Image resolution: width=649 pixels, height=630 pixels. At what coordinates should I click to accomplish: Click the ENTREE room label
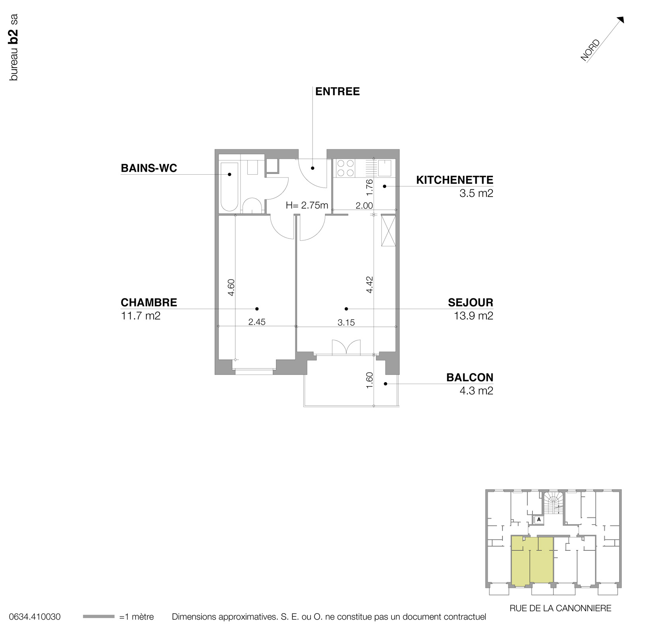(x=337, y=92)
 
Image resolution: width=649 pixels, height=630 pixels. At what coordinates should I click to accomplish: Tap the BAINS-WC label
(x=149, y=168)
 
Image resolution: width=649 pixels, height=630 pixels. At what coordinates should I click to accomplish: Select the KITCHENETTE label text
(x=454, y=180)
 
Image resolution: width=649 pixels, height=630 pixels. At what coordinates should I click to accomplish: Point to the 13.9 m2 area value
(x=473, y=316)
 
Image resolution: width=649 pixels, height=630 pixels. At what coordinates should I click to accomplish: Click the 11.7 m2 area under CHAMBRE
(x=141, y=316)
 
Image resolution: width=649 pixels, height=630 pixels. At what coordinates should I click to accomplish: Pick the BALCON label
(x=469, y=377)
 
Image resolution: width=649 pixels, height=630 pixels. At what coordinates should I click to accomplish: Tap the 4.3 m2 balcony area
(x=476, y=391)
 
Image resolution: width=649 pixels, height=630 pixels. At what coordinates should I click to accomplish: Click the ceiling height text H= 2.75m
(x=307, y=205)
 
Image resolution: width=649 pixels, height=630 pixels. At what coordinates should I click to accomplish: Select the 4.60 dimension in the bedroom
(x=231, y=287)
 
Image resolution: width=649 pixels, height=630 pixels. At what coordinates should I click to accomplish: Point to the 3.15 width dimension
(x=346, y=322)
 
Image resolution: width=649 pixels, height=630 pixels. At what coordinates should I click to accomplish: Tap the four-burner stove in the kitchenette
(x=346, y=168)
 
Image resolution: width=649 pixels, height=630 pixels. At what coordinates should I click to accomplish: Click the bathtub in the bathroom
(x=229, y=186)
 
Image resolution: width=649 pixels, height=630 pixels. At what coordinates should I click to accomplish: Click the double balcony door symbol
(x=346, y=347)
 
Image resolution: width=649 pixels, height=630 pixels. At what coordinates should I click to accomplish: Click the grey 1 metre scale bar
(x=98, y=617)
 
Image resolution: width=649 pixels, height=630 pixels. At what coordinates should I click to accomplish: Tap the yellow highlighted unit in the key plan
(x=532, y=561)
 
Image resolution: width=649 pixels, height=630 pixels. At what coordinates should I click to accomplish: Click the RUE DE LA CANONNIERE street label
(x=560, y=608)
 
